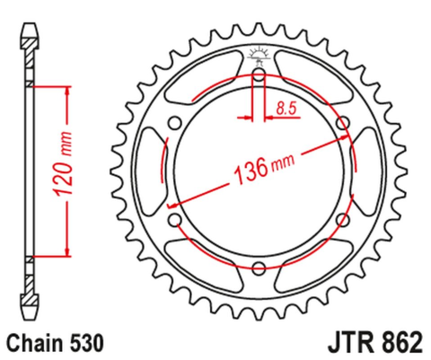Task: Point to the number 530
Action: coord(90,343)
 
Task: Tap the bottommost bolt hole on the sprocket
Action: coord(259,267)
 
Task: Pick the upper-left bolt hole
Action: coord(176,123)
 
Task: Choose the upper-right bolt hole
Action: coord(342,123)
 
